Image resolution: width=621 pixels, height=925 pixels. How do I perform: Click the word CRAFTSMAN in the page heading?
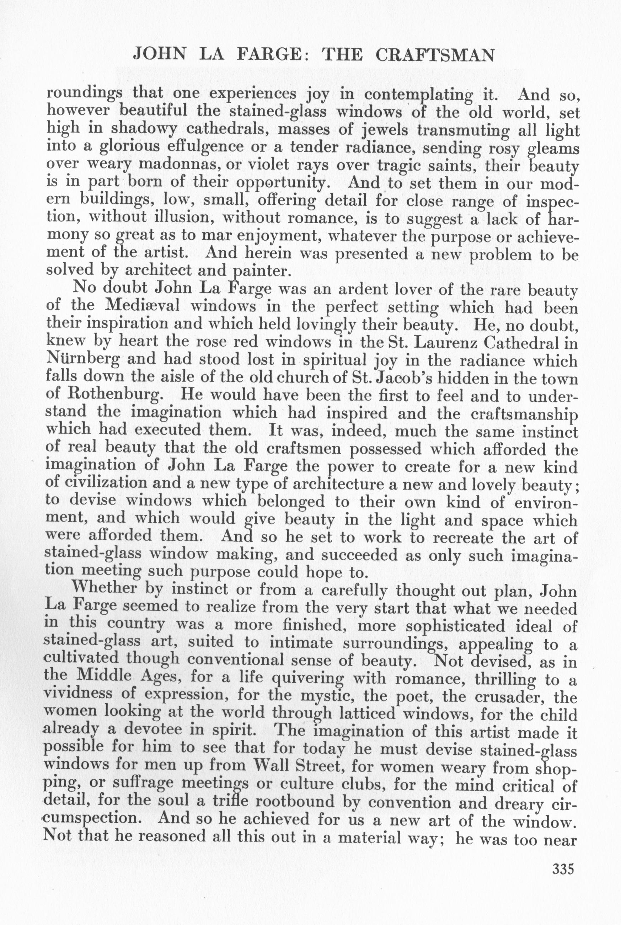(435, 55)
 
